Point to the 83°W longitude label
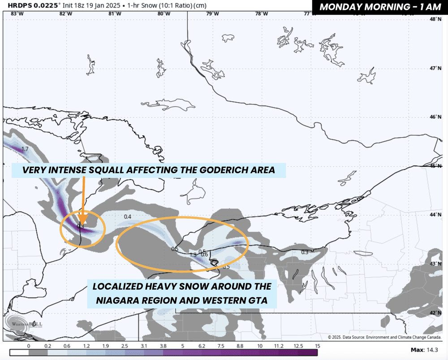click(17, 13)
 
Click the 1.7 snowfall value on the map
click(25, 148)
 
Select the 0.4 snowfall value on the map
click(128, 217)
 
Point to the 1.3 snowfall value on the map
click(193, 255)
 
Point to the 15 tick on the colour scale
click(317, 346)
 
